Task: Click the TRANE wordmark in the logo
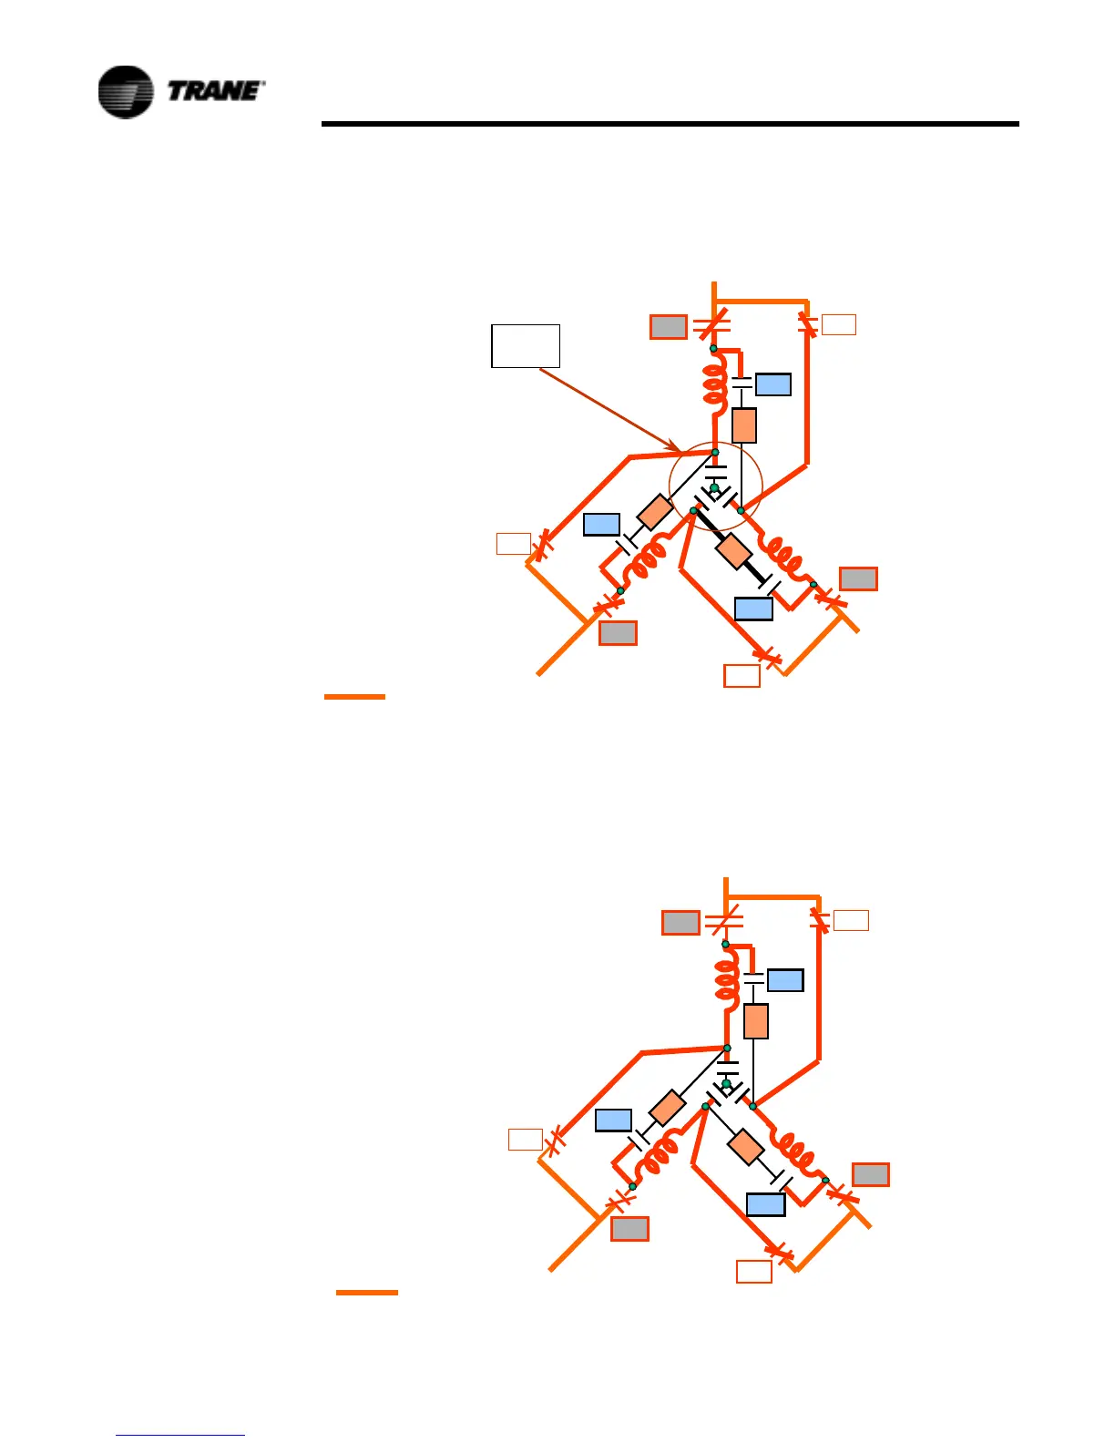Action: (x=214, y=91)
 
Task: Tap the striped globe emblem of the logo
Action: (x=126, y=92)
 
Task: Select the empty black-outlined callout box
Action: (x=526, y=345)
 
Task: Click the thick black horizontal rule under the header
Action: (x=670, y=124)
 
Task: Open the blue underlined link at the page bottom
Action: (x=180, y=1435)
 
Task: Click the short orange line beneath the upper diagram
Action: (x=354, y=697)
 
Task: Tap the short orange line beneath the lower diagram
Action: (x=366, y=1293)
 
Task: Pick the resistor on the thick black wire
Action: (x=733, y=551)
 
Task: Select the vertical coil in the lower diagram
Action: (x=727, y=980)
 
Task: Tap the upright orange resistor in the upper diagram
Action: (x=744, y=425)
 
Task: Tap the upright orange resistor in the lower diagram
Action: (x=756, y=1021)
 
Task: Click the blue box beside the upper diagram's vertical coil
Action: (x=773, y=384)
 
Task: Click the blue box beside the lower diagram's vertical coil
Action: (x=785, y=980)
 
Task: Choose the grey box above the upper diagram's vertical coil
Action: (x=668, y=327)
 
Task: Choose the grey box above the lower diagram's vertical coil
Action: (x=680, y=923)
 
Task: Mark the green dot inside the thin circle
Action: (x=715, y=489)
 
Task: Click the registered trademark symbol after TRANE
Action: (x=263, y=84)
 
